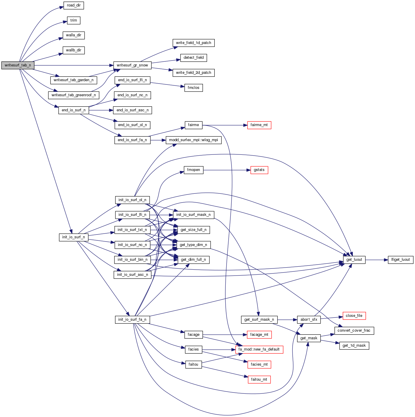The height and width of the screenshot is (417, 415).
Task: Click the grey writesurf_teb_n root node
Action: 18,65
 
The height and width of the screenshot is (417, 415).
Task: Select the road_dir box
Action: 74,5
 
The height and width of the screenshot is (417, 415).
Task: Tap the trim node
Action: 74,20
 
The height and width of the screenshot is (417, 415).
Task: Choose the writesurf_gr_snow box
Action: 132,65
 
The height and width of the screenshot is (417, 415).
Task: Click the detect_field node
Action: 193,58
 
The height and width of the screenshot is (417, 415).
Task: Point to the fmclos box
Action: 193,88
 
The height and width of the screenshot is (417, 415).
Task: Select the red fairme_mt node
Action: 259,125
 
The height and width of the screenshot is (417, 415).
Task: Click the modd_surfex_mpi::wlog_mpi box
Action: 193,140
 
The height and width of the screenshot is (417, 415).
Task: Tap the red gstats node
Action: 259,170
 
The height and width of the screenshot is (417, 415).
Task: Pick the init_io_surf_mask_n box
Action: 193,215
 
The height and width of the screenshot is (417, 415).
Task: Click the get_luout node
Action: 354,260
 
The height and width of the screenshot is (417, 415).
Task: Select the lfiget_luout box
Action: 401,260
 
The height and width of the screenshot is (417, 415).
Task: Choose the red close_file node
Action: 354,316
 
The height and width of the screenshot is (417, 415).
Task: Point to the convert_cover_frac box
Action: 354,330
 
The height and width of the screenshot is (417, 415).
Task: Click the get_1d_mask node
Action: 354,346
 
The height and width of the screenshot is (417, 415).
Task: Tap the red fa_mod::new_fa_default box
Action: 259,349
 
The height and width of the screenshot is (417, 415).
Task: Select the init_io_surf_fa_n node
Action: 132,320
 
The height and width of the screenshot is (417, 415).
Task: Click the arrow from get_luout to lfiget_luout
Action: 376,260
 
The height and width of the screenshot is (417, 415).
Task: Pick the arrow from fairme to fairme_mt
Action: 224,125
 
